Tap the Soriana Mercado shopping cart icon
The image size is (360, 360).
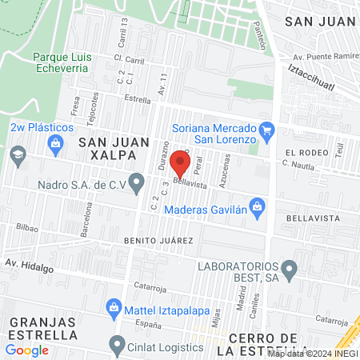pyautogui.click(x=267, y=129)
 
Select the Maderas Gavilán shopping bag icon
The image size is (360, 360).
pyautogui.click(x=257, y=206)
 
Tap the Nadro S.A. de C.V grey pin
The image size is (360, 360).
pyautogui.click(x=137, y=186)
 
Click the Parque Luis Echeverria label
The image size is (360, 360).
pyautogui.click(x=62, y=63)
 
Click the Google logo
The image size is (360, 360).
pyautogui.click(x=26, y=350)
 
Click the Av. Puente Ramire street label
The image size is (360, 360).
pyautogui.click(x=324, y=58)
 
